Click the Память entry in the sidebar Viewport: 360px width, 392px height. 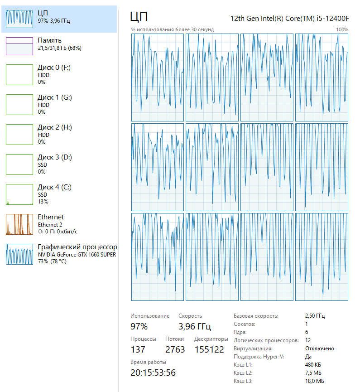click(50, 40)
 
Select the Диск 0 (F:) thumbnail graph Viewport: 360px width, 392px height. click(19, 75)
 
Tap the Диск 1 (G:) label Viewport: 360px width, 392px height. click(54, 97)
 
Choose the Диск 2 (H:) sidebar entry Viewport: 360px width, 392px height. click(54, 134)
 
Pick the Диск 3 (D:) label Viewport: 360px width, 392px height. click(54, 157)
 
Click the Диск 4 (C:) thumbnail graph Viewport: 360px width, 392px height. click(19, 194)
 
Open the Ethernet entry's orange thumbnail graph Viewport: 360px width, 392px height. click(19, 224)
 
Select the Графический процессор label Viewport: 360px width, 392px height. click(77, 247)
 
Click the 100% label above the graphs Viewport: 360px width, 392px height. click(342, 29)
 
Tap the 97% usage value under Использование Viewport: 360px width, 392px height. click(139, 326)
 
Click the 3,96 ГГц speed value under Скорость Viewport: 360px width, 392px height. click(195, 326)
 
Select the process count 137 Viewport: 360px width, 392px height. click(138, 349)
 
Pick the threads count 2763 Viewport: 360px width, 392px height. click(175, 349)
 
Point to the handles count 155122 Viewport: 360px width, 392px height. click(209, 349)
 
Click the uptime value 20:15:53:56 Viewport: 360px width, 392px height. click(153, 373)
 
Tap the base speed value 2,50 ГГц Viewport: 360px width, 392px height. click(315, 316)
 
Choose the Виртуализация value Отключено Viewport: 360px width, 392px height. click(320, 348)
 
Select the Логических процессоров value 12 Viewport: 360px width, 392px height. click(308, 340)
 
